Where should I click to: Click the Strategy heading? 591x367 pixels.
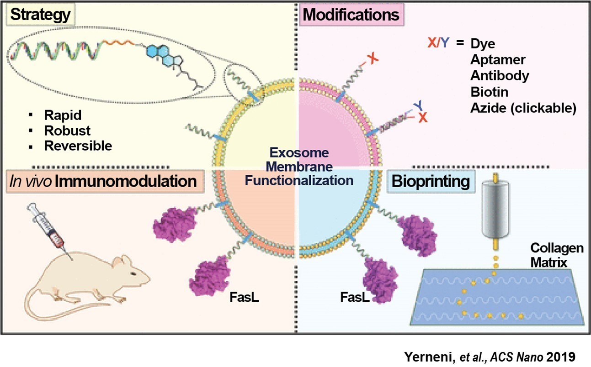coord(40,15)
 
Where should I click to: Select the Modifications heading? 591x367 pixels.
coord(351,15)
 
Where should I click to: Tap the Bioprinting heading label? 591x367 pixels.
coord(430,182)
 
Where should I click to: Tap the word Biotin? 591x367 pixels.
coord(489,92)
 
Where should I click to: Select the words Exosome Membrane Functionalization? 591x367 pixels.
coord(299,166)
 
